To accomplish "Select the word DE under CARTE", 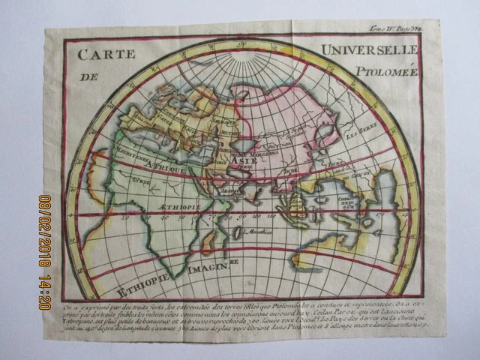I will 91,76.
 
